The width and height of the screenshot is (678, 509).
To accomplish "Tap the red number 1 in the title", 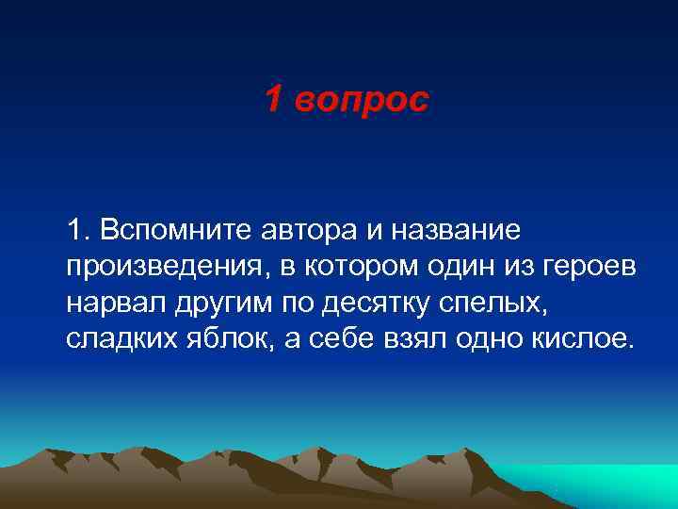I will tap(272, 99).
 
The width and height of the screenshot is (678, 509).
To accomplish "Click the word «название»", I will tap(450, 230).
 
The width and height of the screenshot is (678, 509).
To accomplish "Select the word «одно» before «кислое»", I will tap(501, 338).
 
